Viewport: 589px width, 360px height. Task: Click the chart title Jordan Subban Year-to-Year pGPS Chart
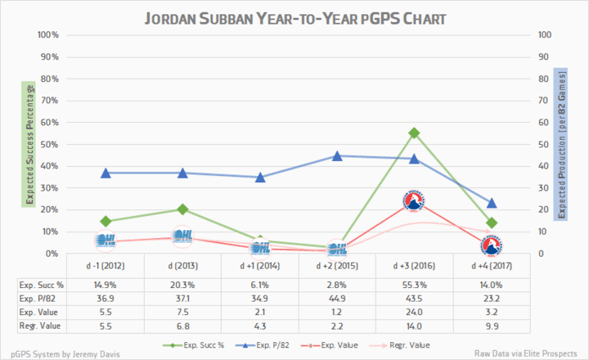(294, 17)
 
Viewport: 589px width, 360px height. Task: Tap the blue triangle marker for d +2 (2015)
(337, 155)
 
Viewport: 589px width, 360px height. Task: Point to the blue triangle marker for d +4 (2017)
(491, 203)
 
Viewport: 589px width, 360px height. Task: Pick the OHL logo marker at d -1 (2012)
(106, 241)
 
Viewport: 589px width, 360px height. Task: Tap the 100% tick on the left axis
(47, 35)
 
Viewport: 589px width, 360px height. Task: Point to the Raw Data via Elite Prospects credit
(528, 353)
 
